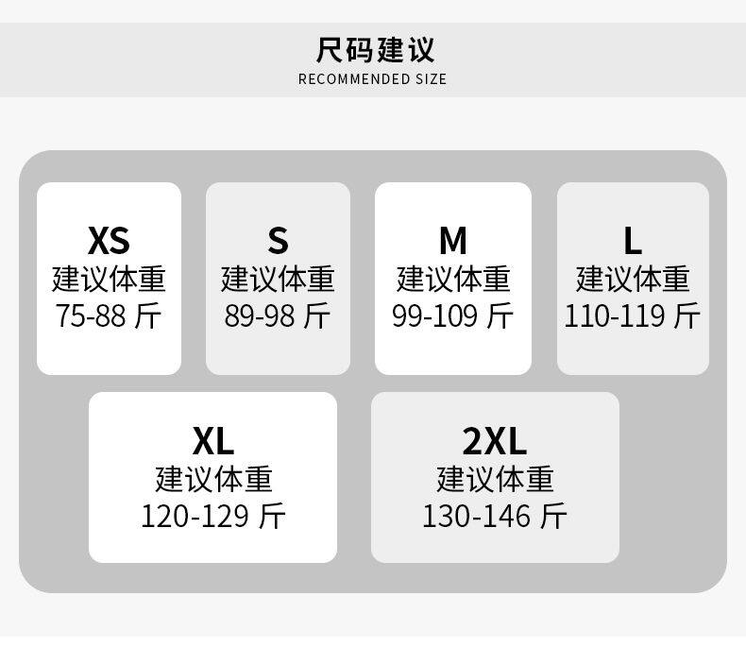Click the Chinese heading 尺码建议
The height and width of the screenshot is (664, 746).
(x=375, y=49)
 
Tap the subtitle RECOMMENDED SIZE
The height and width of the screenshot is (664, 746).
(x=373, y=79)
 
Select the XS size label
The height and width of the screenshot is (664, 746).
(x=109, y=241)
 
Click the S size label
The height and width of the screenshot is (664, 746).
(x=278, y=241)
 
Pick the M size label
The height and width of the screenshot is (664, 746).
(x=453, y=241)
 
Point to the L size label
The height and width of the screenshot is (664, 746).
(x=632, y=241)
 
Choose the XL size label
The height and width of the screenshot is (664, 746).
(x=213, y=440)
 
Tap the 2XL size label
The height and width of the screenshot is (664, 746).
(x=495, y=440)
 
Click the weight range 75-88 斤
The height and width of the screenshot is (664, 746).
(x=109, y=315)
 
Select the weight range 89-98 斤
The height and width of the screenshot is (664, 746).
(x=278, y=315)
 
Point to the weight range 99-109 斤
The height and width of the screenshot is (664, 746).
(x=453, y=315)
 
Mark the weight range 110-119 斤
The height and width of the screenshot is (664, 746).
(x=632, y=315)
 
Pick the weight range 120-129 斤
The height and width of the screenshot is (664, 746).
(x=213, y=516)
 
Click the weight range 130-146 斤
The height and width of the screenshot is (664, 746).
(x=495, y=516)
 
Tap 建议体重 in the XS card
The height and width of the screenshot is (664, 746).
(x=109, y=280)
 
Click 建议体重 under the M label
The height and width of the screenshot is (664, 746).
(x=453, y=280)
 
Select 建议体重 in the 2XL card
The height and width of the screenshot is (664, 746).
(x=495, y=479)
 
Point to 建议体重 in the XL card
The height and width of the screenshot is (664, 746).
(x=213, y=479)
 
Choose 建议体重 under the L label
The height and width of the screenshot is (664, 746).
(x=632, y=280)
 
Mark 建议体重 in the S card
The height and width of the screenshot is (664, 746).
(x=278, y=280)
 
